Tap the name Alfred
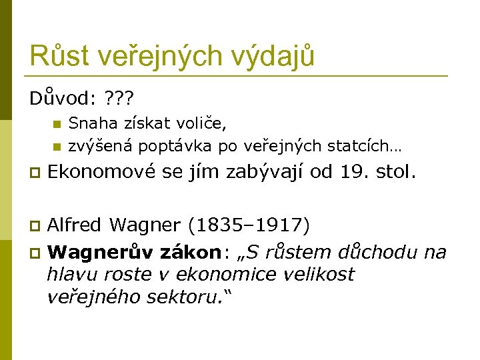[75, 226]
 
